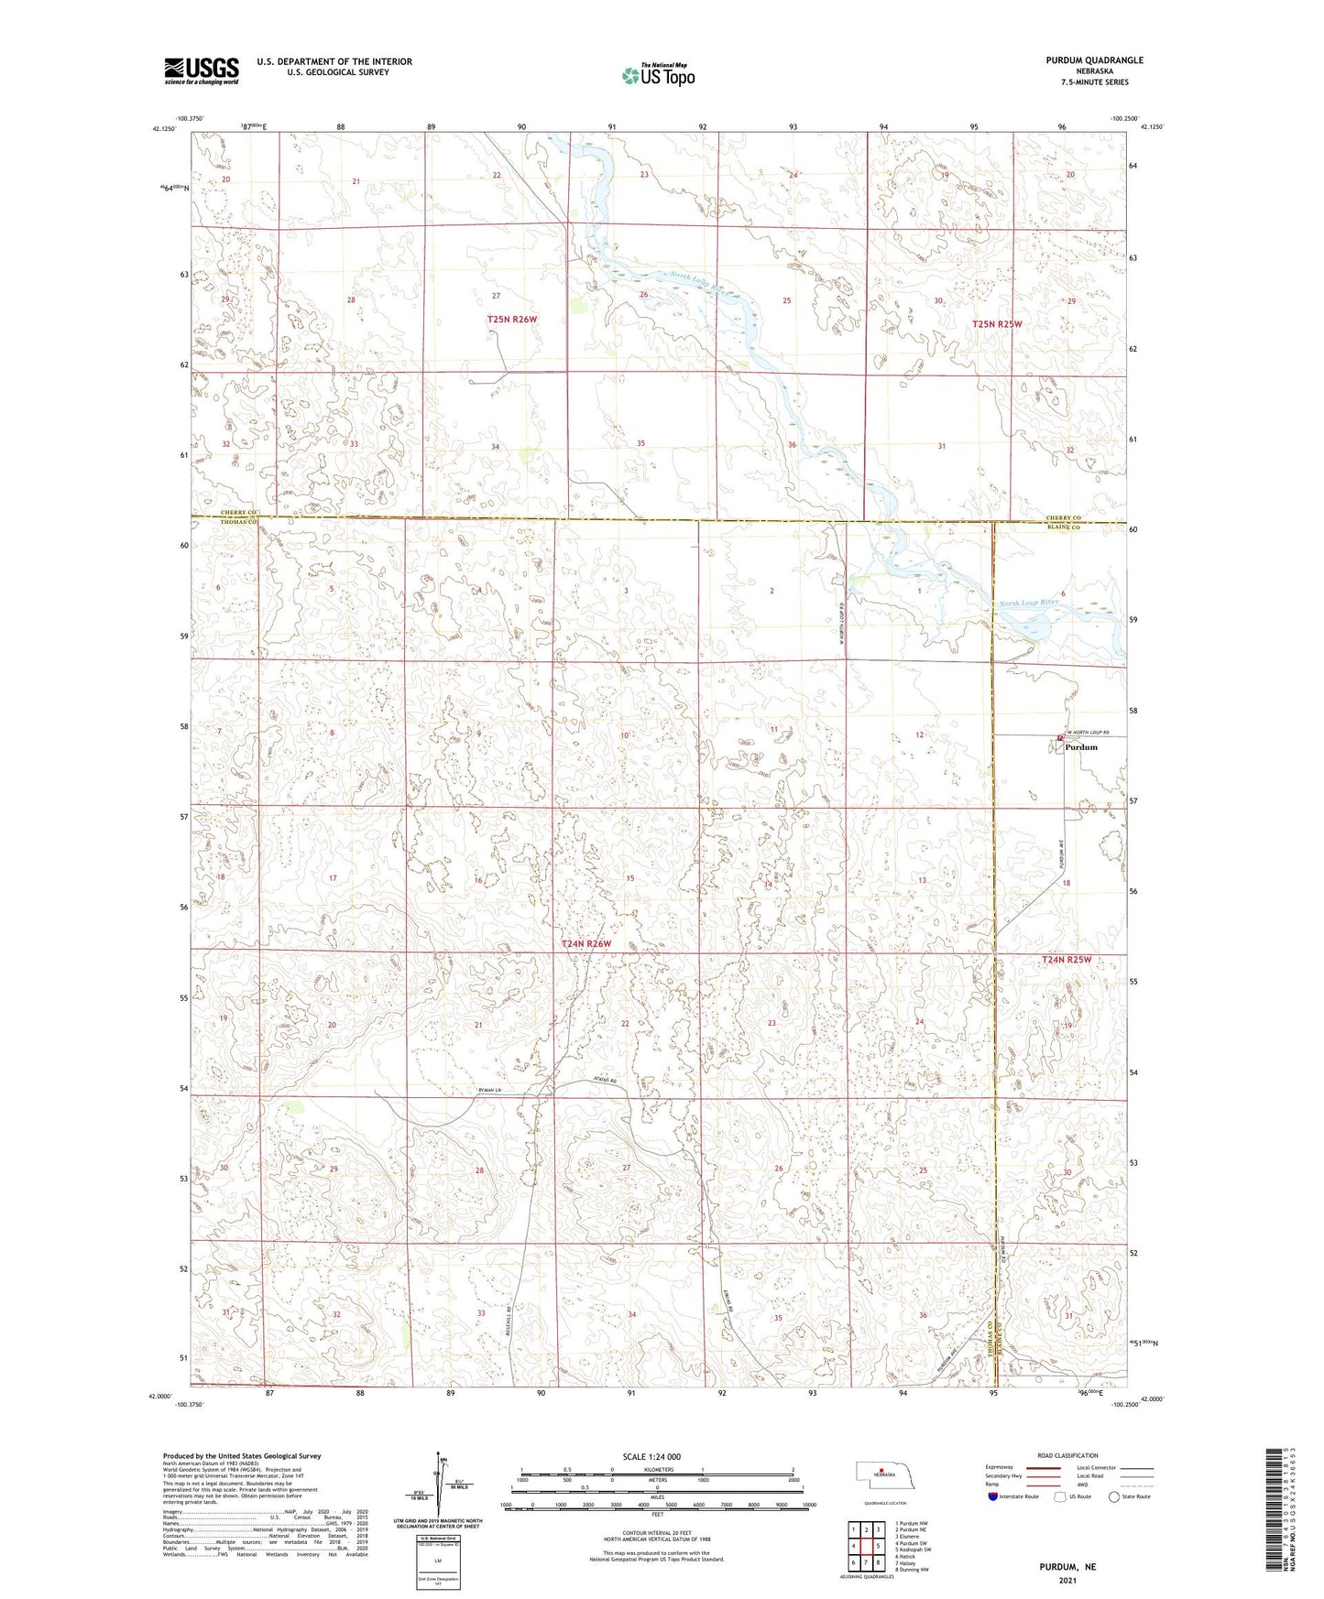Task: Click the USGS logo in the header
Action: click(x=202, y=71)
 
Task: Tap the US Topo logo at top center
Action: click(x=657, y=75)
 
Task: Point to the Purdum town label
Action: click(x=1081, y=747)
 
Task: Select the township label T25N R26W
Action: click(x=511, y=319)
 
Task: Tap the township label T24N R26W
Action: click(x=585, y=943)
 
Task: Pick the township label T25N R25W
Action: click(x=996, y=324)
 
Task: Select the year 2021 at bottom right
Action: click(x=1067, y=1580)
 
